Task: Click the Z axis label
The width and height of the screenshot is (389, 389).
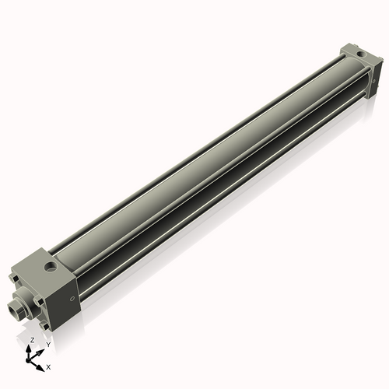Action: coord(32,341)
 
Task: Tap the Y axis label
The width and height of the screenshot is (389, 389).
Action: coord(47,344)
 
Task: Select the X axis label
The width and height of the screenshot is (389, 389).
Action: coord(48,365)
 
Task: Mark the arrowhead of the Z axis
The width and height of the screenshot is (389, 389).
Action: coord(31,348)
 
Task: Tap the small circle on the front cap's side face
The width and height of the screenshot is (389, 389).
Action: coord(72,298)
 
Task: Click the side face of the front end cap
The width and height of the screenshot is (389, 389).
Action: coord(66,296)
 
